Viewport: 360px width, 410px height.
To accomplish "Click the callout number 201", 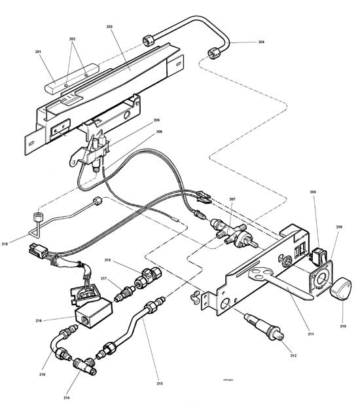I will click(x=38, y=52).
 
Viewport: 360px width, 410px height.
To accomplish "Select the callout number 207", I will click(x=232, y=198).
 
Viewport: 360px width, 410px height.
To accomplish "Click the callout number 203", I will click(x=109, y=26).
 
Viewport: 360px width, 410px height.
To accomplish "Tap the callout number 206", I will click(x=158, y=131).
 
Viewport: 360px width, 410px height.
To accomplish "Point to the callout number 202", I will click(x=73, y=39).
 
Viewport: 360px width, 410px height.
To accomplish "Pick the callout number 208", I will click(x=313, y=192).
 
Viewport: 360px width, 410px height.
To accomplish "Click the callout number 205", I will click(x=156, y=120).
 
